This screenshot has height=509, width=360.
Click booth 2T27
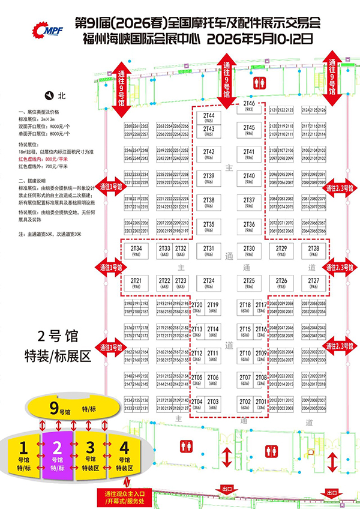click(x=313, y=283)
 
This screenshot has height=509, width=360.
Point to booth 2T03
click(x=212, y=403)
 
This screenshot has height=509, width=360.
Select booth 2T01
click(x=260, y=403)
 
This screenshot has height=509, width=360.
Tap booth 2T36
click(x=250, y=226)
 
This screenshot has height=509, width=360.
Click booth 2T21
click(x=136, y=283)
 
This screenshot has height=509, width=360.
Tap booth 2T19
click(x=212, y=307)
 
